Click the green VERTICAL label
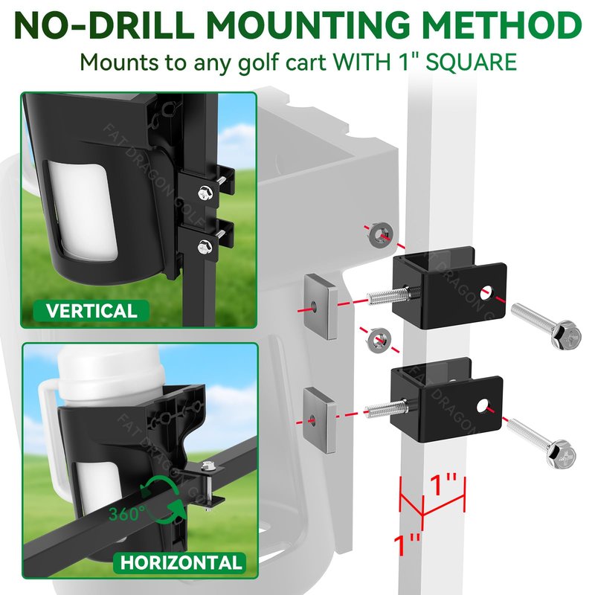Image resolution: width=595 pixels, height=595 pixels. point(91,311)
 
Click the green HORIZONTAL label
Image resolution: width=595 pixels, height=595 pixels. point(181,562)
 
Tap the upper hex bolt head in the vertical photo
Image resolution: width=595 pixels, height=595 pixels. point(205,193)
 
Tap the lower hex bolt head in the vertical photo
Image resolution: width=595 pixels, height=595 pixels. point(205,247)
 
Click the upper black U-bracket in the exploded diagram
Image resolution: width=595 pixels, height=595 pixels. point(449,287)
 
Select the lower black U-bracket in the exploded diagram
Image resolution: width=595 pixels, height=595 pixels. point(447,399)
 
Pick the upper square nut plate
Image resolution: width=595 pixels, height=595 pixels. point(321,306)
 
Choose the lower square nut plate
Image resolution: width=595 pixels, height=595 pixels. point(320,420)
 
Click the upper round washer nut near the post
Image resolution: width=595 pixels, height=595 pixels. point(380,235)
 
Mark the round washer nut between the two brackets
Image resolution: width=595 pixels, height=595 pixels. point(378,341)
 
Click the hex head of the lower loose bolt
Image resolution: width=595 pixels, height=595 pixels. point(562,454)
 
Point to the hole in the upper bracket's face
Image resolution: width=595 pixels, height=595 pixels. point(486,292)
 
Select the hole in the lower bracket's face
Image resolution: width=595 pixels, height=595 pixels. point(482,406)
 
